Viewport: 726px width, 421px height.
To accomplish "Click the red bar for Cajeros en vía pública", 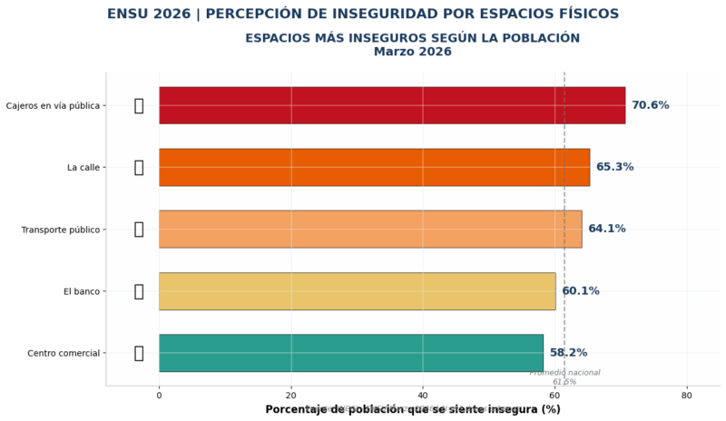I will point(392,105).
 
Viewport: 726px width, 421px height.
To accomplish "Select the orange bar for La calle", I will point(374,167).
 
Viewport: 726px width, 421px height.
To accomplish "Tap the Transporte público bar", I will point(370,229).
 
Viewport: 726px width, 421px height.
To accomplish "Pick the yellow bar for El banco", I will point(357,291).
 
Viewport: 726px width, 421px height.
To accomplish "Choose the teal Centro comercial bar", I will point(350,353).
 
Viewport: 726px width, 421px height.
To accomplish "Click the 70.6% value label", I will point(650,105).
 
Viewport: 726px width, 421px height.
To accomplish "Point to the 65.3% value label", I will point(614,167).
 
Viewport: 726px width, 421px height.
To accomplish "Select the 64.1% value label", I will point(606,229).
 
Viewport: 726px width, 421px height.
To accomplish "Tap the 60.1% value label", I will point(580,291).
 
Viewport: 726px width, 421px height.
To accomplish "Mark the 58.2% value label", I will point(568,353).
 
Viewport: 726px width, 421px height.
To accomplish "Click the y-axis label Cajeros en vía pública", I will point(53,105).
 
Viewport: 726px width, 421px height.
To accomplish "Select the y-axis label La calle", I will point(83,167).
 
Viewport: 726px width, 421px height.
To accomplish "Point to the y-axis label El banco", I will point(82,291).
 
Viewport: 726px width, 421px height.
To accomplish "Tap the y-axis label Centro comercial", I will point(64,353).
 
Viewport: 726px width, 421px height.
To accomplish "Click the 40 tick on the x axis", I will point(423,395).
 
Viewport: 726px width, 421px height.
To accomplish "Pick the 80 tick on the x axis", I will point(687,395).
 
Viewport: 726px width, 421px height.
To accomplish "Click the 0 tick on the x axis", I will point(159,395).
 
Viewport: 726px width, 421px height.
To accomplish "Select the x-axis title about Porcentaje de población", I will point(413,410).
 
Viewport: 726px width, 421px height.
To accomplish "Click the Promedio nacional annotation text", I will point(564,373).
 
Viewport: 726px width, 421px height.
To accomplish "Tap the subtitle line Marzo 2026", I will point(412,52).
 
